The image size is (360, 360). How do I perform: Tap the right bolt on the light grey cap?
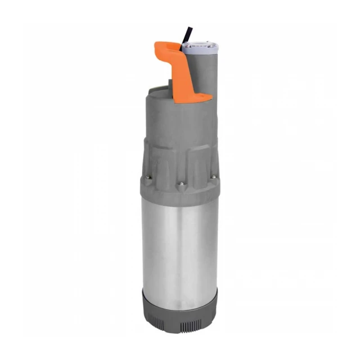pyautogui.click(x=211, y=42)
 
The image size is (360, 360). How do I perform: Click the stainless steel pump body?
pyautogui.click(x=179, y=247)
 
